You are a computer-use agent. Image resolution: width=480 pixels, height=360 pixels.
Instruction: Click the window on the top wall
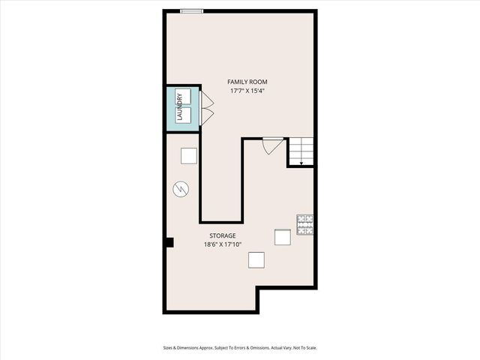point(192,10)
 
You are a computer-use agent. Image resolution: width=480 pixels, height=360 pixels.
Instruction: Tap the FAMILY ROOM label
point(247,82)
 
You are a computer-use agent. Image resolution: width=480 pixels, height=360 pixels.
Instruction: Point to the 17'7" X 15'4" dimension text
point(247,91)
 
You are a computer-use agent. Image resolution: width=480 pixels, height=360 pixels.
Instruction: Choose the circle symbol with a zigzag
point(180,189)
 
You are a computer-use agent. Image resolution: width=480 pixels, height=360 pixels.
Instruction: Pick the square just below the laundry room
point(188,156)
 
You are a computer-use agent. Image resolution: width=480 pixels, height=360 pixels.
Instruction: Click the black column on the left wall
point(169,242)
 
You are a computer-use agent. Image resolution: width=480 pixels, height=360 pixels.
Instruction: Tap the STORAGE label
point(222,235)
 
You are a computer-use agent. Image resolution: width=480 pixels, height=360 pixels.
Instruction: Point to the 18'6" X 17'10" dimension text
point(222,244)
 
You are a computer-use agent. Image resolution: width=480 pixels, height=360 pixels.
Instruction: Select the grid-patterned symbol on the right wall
point(305,224)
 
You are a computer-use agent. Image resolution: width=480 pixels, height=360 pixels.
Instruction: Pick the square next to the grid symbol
point(282,237)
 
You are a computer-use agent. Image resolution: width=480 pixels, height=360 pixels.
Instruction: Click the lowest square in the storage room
point(256,259)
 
